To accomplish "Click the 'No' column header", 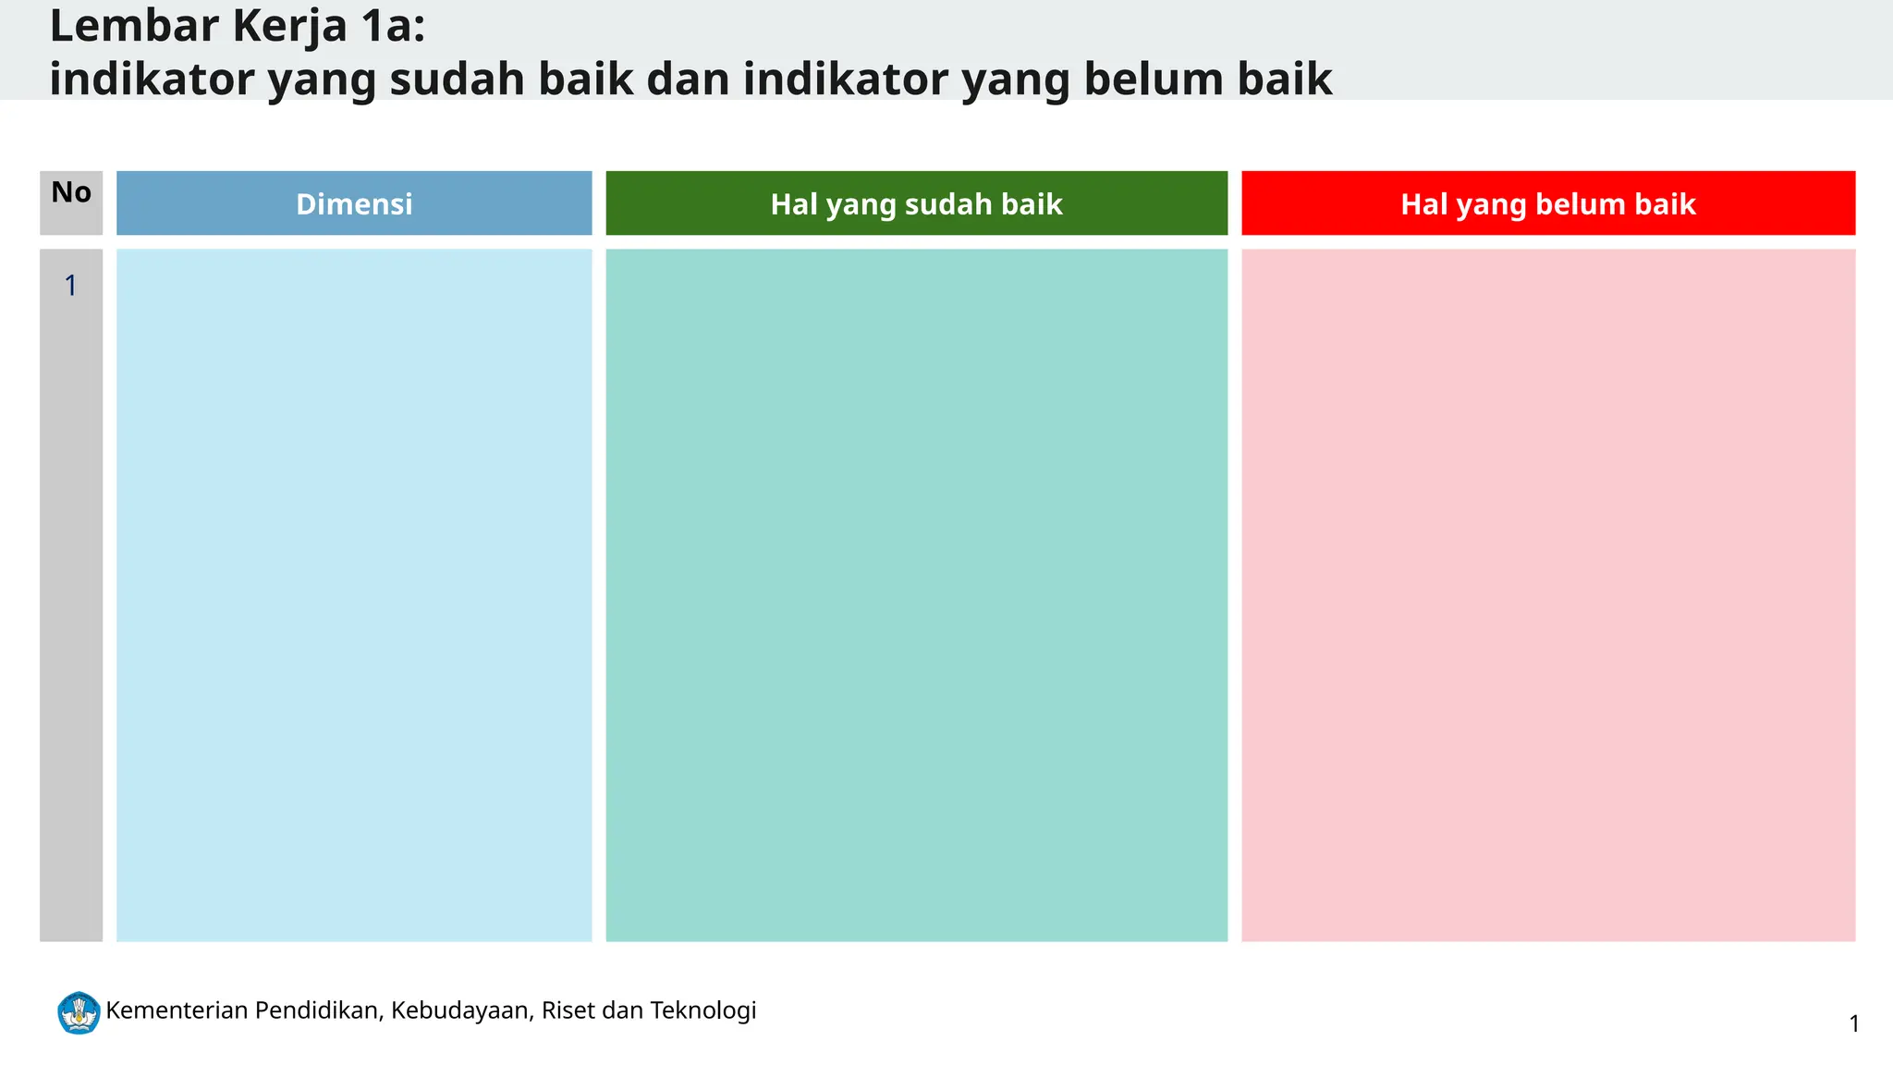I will [71, 192].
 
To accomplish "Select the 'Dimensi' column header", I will [354, 203].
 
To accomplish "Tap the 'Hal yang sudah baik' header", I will [916, 203].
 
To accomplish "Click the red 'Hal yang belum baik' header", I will [1547, 203].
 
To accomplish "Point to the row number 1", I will [70, 286].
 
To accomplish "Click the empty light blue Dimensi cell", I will [354, 594].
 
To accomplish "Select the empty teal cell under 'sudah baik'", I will [916, 594].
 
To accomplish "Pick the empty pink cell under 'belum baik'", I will [1547, 594].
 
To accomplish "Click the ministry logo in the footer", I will [79, 1012].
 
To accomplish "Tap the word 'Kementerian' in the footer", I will [177, 1010].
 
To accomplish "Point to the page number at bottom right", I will [1853, 1023].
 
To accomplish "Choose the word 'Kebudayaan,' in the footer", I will [462, 1010].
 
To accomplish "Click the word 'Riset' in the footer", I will [568, 1010].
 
